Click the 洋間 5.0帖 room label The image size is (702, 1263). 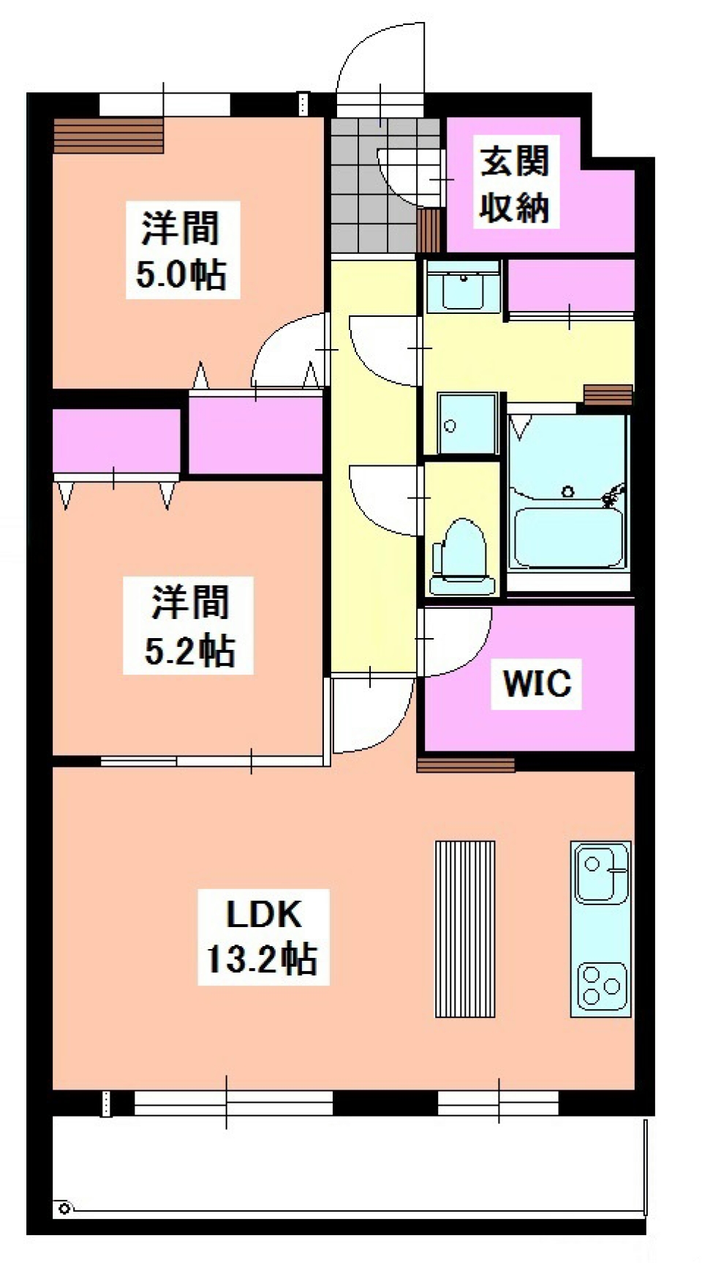(182, 250)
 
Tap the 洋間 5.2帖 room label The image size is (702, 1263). (189, 626)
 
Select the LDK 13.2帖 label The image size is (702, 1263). (263, 937)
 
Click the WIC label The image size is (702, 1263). (537, 683)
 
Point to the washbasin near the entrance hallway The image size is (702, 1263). (462, 288)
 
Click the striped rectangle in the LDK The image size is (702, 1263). (465, 929)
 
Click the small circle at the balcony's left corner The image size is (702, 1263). (64, 1209)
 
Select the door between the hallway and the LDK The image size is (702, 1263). (369, 713)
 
